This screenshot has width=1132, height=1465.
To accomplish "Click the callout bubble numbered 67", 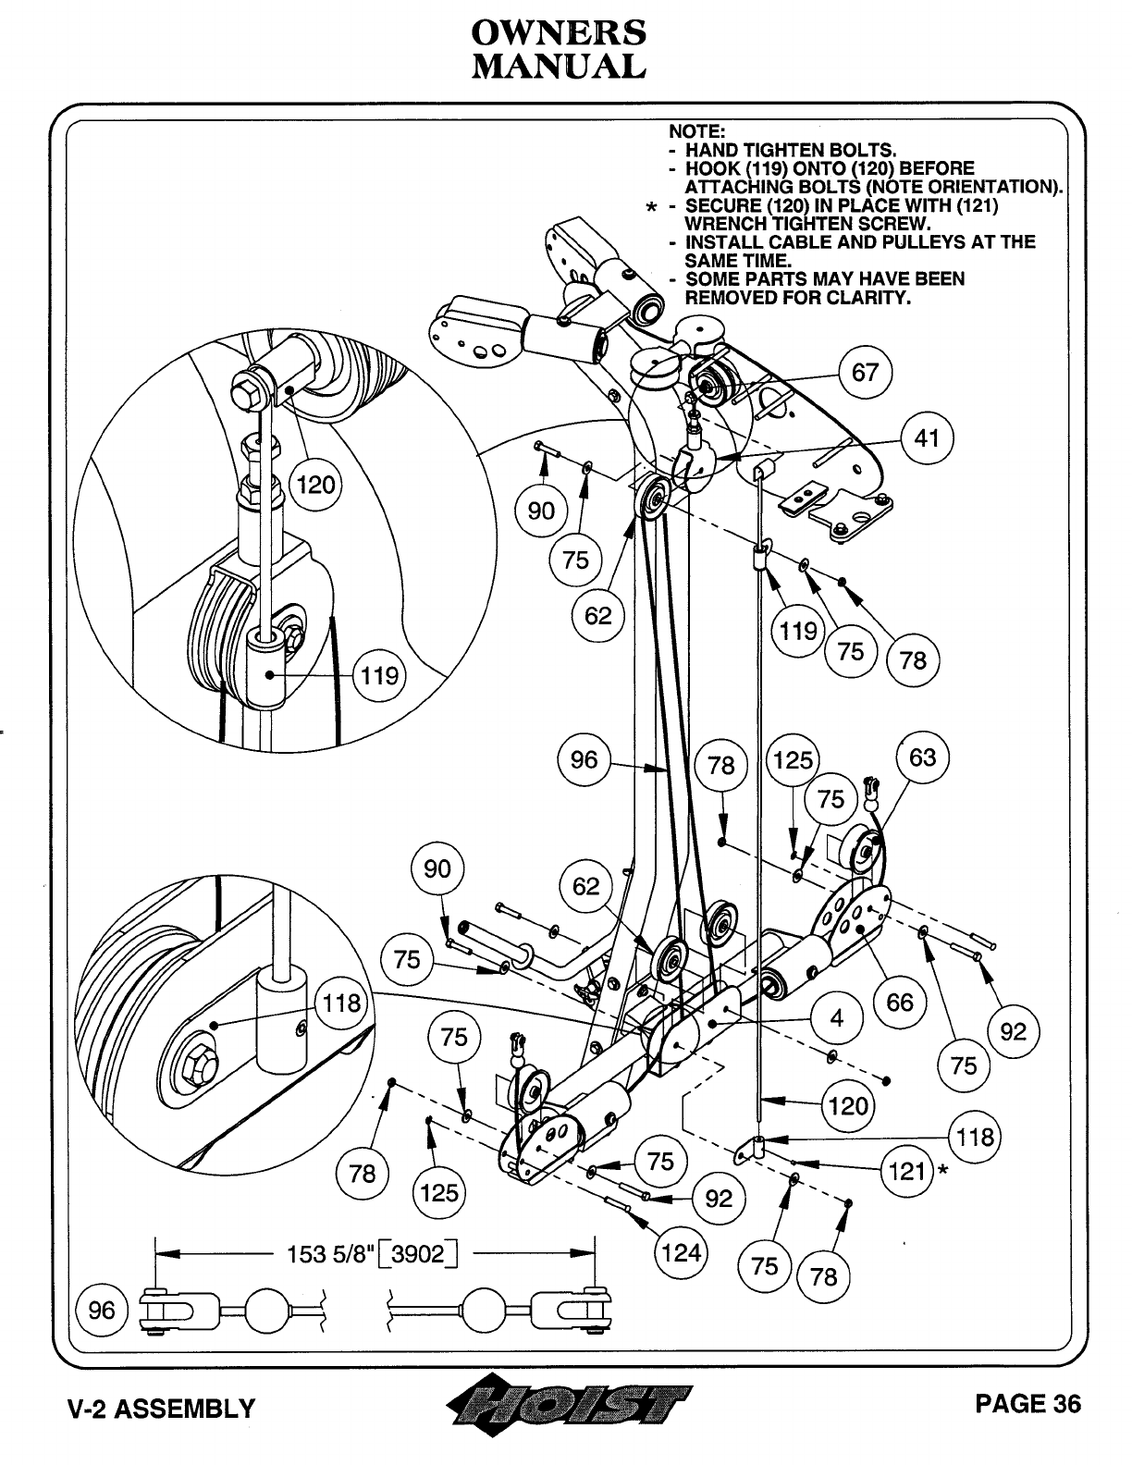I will point(865,373).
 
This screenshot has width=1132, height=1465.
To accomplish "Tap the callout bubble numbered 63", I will point(922,757).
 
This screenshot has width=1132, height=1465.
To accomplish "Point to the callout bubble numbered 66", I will point(899,1003).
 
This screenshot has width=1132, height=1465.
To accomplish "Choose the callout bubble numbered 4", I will point(837,1018).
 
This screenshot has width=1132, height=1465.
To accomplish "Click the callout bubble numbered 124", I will point(681,1254).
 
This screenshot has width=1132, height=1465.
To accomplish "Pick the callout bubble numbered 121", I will point(906,1171).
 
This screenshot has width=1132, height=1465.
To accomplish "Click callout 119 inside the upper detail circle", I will point(379,675).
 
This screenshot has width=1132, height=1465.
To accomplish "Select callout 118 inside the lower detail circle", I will point(341,1003).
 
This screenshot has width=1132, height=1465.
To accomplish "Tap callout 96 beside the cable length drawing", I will point(103,1310).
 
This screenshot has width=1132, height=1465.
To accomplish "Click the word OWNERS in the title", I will point(559,33).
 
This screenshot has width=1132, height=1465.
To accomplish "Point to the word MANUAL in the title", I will point(559,67).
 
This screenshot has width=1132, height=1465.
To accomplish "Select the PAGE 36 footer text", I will point(1027,1404).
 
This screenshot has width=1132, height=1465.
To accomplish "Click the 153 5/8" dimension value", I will point(330,1254).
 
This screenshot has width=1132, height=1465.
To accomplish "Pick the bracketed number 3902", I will point(418,1255).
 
